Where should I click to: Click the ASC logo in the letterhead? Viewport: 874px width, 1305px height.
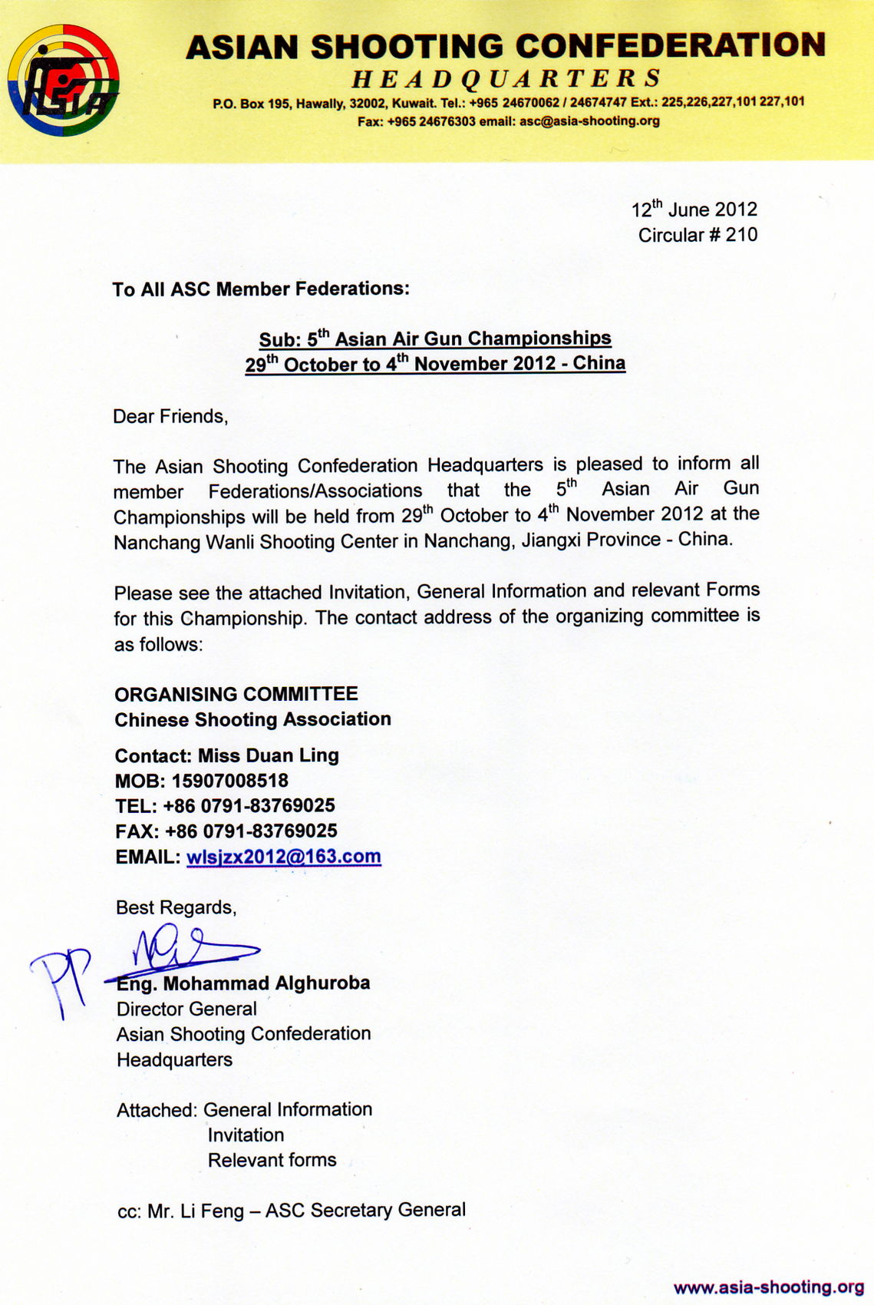pos(63,80)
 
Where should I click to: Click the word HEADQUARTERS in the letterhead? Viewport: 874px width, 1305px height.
pos(506,78)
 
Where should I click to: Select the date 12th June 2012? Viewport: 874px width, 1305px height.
pos(694,210)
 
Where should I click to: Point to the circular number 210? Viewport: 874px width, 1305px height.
pos(741,235)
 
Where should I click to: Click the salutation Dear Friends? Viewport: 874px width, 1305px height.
pos(170,417)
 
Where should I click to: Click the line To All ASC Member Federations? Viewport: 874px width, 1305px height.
pos(261,289)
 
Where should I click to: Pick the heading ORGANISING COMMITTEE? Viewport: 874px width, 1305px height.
pos(236,694)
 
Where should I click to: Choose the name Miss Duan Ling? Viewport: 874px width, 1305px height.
pos(269,755)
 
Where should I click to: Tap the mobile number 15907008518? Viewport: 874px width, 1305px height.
pos(230,781)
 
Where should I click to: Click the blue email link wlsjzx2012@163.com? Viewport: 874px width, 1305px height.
pos(284,857)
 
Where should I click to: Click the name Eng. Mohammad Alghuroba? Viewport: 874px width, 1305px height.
pos(243,983)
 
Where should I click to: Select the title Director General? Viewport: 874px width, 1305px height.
pos(186,1009)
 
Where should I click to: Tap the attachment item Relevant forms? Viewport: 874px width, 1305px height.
pos(272,1160)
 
